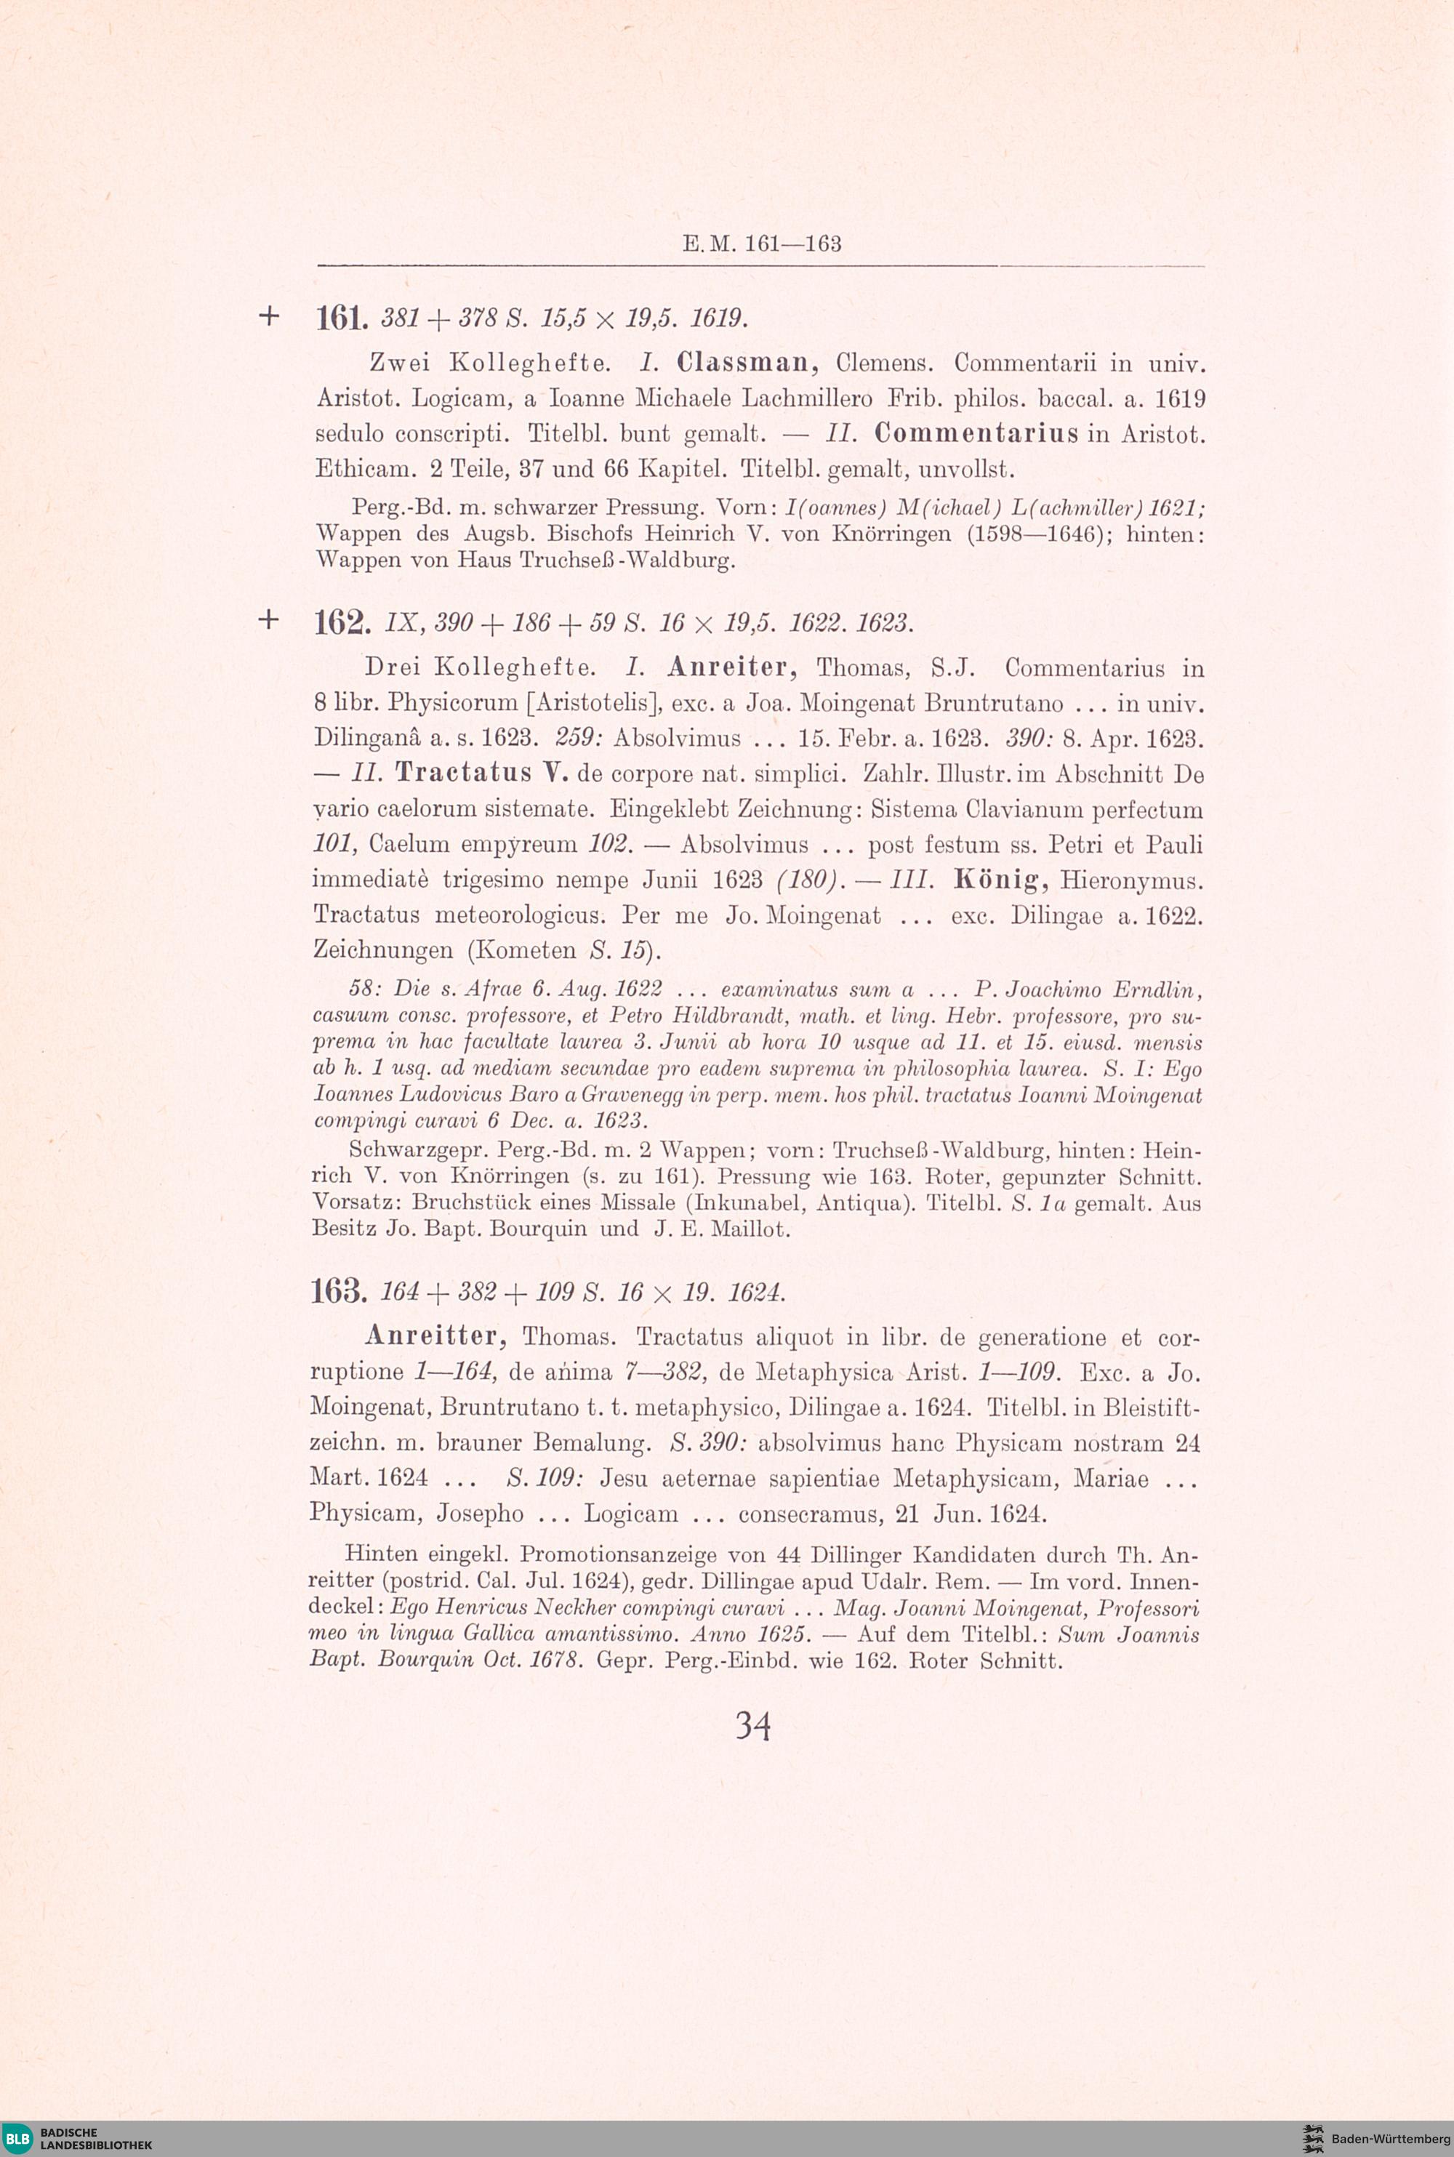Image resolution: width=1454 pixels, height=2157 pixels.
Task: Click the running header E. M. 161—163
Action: pos(761,244)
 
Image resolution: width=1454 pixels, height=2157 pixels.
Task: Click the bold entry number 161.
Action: pos(342,319)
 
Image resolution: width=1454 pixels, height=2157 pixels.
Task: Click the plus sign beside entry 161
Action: pos(268,316)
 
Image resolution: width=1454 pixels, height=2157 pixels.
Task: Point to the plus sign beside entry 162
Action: pos(268,619)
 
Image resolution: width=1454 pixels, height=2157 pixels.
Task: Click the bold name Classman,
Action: pos(747,363)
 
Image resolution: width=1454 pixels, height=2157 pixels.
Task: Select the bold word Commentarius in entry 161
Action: pos(976,434)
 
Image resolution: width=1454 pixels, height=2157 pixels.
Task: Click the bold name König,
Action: pos(1000,879)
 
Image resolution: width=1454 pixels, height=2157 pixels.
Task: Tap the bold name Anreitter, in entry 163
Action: pos(435,1335)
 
